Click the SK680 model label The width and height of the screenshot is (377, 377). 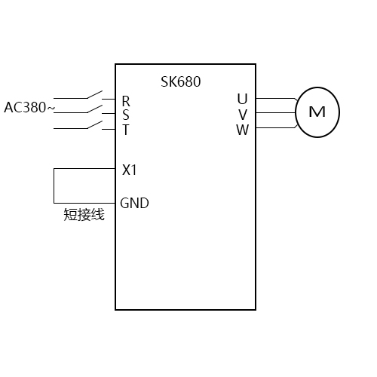point(181,81)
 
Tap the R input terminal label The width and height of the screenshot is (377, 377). point(126,100)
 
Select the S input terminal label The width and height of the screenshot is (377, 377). point(126,115)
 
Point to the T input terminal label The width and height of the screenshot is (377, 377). point(126,129)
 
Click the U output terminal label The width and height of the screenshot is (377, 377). point(242,99)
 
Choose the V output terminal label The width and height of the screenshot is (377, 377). point(242,114)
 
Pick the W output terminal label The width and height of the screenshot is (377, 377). point(242,129)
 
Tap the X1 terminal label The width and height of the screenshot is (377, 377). point(130,170)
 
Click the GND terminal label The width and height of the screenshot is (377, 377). point(135,203)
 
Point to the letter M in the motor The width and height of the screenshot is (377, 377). point(317,112)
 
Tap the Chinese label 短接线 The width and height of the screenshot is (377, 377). point(84,216)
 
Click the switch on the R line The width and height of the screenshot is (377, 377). point(94,96)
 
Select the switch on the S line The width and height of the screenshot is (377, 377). point(94,111)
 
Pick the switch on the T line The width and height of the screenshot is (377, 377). point(94,125)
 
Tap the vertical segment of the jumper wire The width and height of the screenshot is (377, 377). point(54,185)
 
